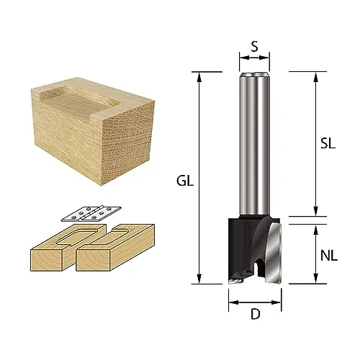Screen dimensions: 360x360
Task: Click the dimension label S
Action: pos(255,47)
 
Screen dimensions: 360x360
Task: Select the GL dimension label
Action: pos(185,181)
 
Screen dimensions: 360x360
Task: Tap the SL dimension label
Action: pos(328,143)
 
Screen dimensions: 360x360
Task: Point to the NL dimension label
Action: pos(329,256)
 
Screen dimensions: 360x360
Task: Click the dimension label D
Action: pos(256,314)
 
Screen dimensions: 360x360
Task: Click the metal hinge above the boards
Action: pos(91,213)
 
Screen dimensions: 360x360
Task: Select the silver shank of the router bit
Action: pos(255,145)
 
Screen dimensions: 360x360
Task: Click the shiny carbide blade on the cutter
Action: pos(274,252)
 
